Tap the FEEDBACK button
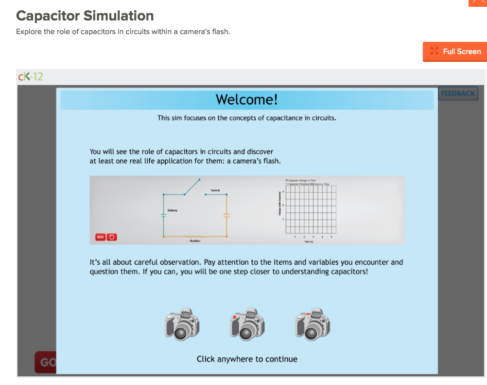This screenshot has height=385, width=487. click(458, 93)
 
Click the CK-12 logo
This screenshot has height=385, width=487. click(30, 77)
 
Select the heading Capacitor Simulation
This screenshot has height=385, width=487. click(85, 16)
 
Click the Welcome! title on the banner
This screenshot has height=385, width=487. click(247, 100)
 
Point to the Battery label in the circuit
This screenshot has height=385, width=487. click(173, 210)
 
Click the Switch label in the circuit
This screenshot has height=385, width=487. click(215, 190)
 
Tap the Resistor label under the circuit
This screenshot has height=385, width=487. click(194, 240)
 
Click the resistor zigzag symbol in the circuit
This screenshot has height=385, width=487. click(194, 236)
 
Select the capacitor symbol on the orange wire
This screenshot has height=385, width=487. click(226, 215)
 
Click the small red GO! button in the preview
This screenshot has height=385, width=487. click(100, 237)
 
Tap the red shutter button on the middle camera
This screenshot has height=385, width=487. click(235, 316)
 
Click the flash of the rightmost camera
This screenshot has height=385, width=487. click(316, 312)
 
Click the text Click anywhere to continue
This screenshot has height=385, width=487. click(247, 359)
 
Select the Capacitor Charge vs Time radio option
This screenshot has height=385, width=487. click(287, 180)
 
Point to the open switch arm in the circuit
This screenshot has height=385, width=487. click(192, 186)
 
